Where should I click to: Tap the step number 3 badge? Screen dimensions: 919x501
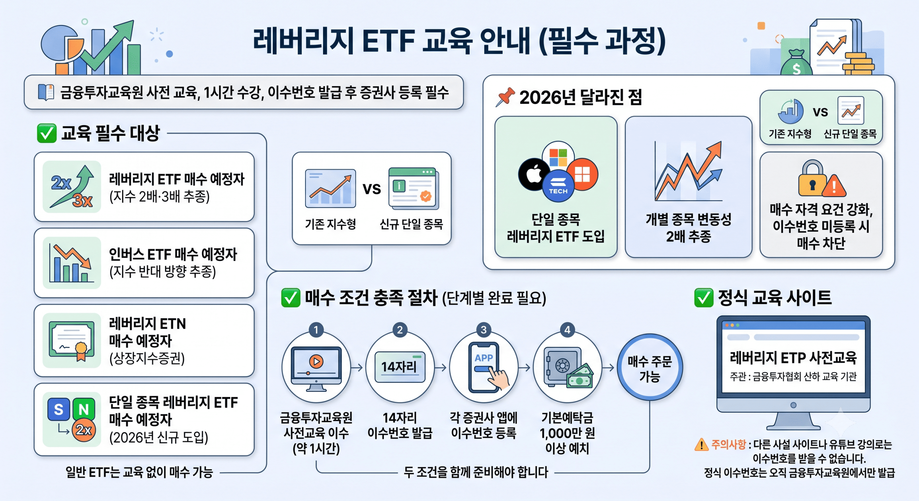pos(484,329)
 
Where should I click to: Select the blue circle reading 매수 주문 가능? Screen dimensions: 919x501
pos(650,367)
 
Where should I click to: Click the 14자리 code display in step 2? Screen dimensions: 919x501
pos(400,367)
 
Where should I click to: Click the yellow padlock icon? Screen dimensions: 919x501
pos(812,178)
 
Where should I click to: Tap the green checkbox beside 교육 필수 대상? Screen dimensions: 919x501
pos(47,133)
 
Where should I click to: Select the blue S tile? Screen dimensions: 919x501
pos(59,409)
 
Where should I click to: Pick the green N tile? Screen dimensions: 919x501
pos(84,409)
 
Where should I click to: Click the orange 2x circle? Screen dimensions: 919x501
pos(84,430)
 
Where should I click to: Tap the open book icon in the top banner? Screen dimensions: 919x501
pos(46,92)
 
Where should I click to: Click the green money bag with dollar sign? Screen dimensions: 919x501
pos(796,63)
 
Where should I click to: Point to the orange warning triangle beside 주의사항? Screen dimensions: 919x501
pos(701,445)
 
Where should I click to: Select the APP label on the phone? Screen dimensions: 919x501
pos(484,358)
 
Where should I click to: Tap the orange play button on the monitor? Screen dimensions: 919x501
pos(316,361)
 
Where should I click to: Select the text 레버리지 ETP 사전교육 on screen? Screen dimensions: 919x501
pos(793,357)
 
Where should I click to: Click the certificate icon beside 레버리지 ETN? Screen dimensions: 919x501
pos(72,341)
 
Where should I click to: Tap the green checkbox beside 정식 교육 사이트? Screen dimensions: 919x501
pos(704,298)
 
